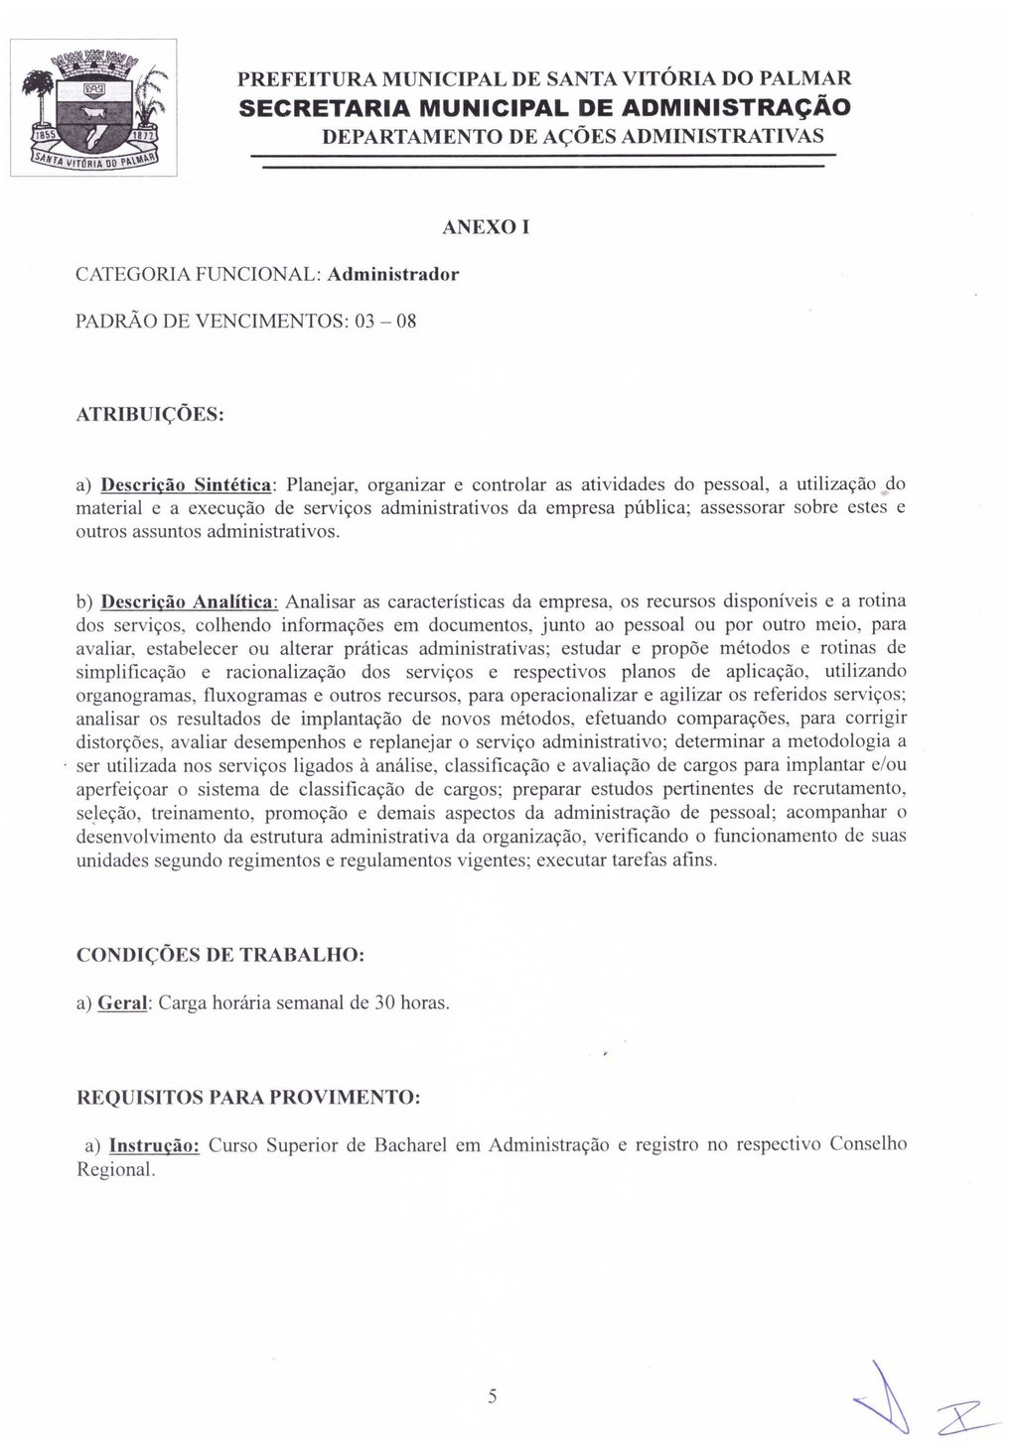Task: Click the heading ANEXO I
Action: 485,227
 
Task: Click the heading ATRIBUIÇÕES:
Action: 151,413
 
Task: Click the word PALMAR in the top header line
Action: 801,77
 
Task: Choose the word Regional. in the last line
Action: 116,1169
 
